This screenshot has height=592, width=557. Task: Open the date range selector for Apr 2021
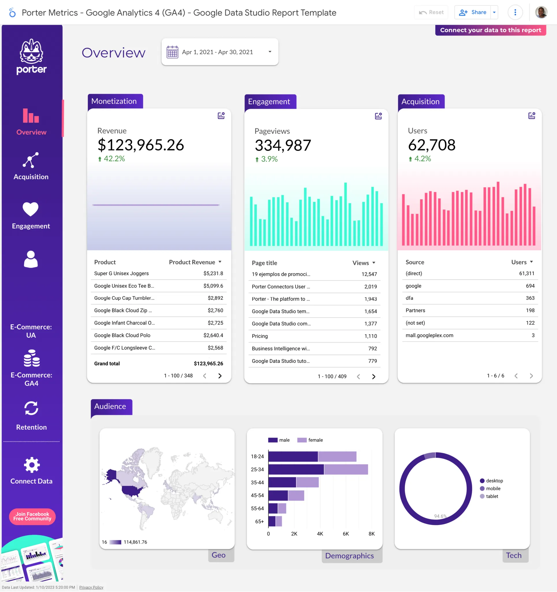point(220,52)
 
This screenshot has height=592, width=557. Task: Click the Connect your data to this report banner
point(490,30)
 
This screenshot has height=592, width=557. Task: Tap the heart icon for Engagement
point(31,209)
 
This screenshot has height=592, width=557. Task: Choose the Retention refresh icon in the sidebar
point(31,408)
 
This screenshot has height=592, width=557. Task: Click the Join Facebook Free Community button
point(32,516)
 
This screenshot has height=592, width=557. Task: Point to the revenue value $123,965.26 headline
point(141,145)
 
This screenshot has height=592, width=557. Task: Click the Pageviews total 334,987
point(283,145)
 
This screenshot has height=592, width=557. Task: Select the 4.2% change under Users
point(422,159)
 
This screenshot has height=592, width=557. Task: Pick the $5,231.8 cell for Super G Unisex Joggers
point(213,273)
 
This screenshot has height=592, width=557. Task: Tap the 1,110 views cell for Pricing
point(371,336)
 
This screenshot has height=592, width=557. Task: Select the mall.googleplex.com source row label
point(429,335)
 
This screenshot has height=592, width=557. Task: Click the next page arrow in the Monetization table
point(220,376)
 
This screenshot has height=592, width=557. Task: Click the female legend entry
point(315,440)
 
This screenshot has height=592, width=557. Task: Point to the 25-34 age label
point(257,470)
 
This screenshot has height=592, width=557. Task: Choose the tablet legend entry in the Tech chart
point(492,496)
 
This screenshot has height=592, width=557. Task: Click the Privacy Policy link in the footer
point(91,587)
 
